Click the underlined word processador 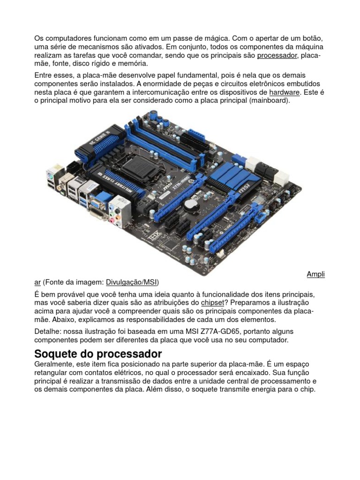tap(277, 56)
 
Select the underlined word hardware tap(284, 92)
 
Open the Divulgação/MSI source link tap(132, 282)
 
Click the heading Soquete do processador tap(98, 353)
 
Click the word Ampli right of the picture tap(315, 274)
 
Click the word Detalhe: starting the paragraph tap(48, 331)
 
